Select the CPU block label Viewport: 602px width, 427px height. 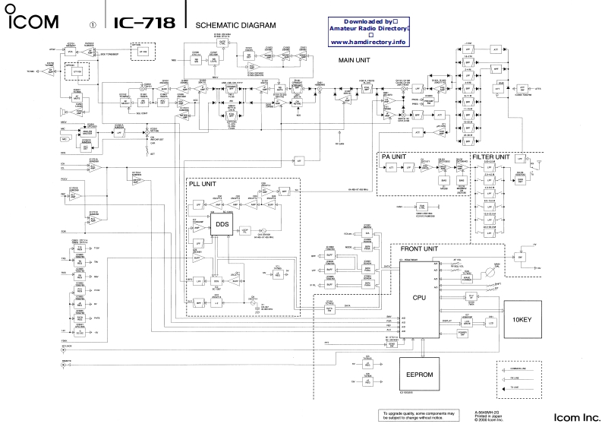click(x=418, y=299)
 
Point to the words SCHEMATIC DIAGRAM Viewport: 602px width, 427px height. click(x=236, y=25)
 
